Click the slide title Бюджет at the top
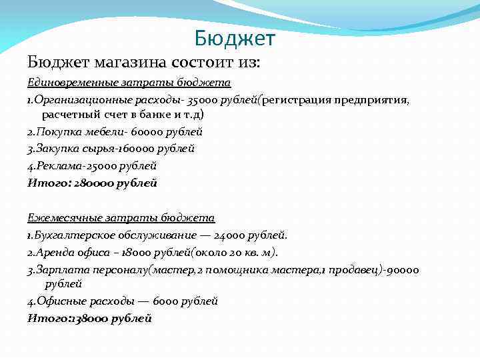[x=235, y=39]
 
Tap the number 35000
[x=204, y=100]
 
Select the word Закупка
[x=57, y=149]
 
